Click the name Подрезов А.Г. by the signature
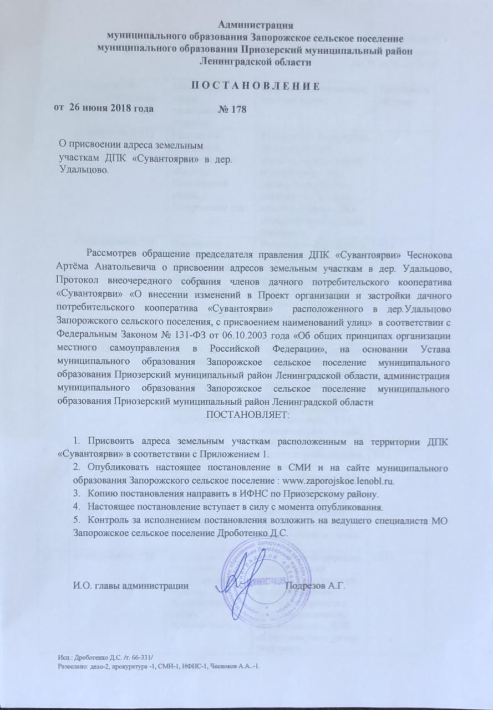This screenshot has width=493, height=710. pyautogui.click(x=314, y=585)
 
